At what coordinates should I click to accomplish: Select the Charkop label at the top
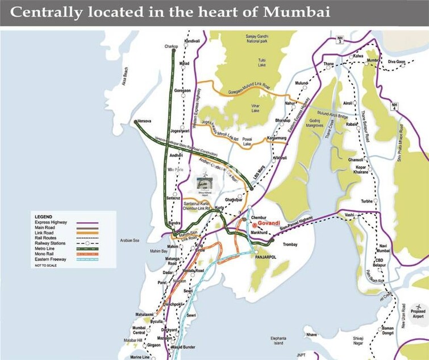(x=172, y=46)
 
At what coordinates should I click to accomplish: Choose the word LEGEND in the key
(x=43, y=217)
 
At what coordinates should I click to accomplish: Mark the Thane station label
(x=328, y=64)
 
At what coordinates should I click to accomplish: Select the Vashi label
(x=350, y=214)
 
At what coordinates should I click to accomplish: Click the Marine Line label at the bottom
(x=139, y=357)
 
